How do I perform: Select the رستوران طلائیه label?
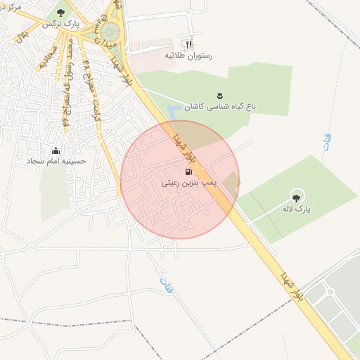click(188, 55)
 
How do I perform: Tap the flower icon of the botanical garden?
click(220, 96)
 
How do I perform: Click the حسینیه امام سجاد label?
click(56, 161)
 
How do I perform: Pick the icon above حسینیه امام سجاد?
click(56, 150)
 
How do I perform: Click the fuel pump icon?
click(188, 171)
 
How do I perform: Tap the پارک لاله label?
click(297, 209)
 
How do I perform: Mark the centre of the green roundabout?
click(110, 32)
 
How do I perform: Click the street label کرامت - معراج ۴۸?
click(94, 98)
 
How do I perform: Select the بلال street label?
click(23, 32)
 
